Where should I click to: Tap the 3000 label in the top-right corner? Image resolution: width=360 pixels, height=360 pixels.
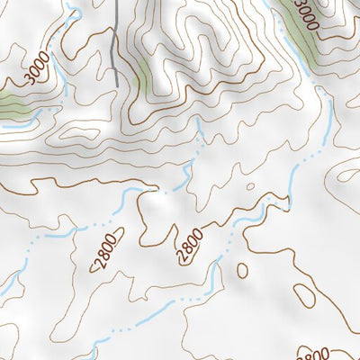tap(306, 15)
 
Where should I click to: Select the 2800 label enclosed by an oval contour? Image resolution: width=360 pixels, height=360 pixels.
tap(102, 253)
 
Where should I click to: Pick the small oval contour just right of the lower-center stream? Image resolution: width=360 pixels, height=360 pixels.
tap(241, 269)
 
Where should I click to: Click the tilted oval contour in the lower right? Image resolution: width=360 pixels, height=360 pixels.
tap(304, 296)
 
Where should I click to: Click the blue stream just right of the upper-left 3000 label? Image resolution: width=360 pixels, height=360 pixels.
tap(58, 76)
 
